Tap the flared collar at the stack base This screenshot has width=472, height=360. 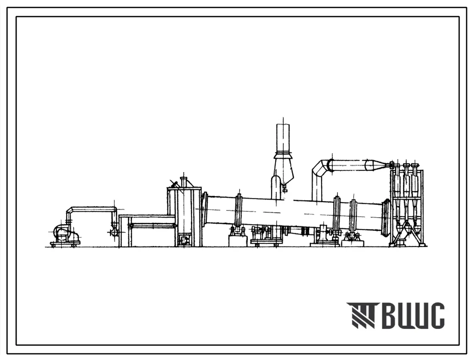[283, 155]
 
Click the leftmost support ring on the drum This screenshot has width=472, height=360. [239, 212]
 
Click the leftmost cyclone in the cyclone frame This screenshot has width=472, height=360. [397, 193]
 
